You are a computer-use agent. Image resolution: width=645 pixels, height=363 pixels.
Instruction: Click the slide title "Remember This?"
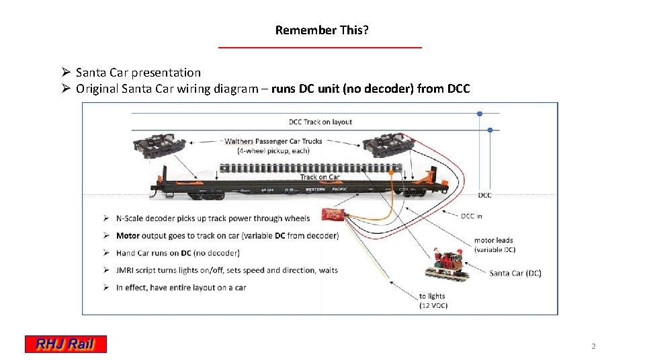pos(322,30)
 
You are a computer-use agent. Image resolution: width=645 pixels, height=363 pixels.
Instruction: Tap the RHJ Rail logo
pos(66,344)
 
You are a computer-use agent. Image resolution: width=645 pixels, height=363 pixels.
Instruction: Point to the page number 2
pos(593,346)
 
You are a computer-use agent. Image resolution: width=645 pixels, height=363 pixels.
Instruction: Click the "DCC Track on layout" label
pos(320,122)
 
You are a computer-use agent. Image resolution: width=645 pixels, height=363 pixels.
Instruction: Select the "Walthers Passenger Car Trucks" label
pos(273,141)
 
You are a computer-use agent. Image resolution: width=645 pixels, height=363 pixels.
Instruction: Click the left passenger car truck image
pos(161,147)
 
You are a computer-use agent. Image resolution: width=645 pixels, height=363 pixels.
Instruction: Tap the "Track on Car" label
pos(320,177)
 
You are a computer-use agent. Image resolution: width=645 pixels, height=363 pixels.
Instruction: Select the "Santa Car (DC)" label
pos(515,273)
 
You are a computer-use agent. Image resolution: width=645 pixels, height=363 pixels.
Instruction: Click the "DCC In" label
pos(472,216)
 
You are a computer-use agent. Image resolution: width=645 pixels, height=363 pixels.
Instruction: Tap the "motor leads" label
pos(494,241)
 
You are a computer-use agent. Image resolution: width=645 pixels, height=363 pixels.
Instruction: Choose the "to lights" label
pos(432,296)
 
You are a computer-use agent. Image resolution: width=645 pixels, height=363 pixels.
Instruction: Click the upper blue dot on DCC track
pos(480,114)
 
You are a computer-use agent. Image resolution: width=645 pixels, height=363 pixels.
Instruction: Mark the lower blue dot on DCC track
pos(490,130)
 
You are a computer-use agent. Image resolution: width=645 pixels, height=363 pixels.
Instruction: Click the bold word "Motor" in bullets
pos(128,236)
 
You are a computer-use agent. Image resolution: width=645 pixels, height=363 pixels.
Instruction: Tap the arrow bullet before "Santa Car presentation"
pos(65,73)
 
